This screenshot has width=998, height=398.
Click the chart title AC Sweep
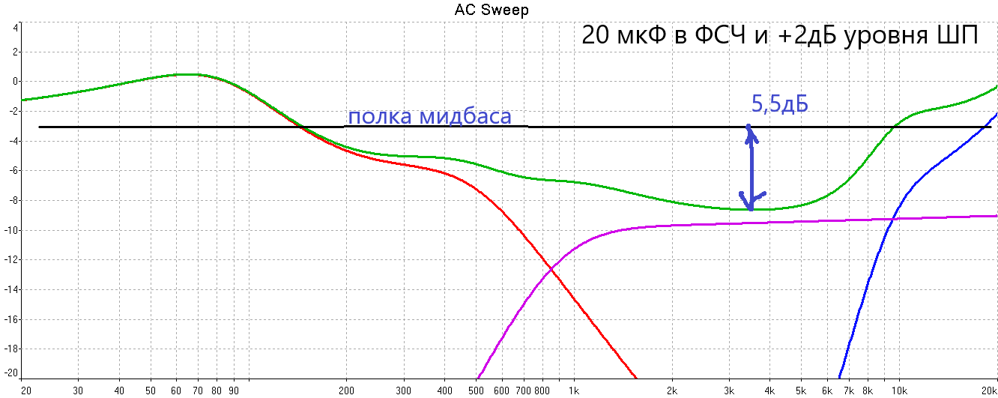click(492, 10)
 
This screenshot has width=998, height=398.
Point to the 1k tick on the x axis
click(574, 391)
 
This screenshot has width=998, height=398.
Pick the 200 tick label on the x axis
click(346, 391)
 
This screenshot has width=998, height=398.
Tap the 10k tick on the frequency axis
click(899, 391)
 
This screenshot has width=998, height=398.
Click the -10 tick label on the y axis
click(13, 230)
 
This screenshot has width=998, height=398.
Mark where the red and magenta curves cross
click(551, 270)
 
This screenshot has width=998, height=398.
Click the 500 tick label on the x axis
click(476, 391)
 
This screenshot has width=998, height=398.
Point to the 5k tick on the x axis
click(801, 391)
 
